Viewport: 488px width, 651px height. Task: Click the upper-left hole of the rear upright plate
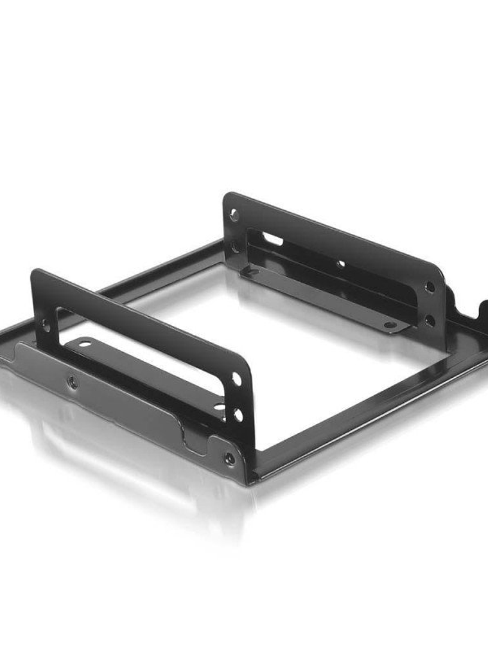[x=234, y=216]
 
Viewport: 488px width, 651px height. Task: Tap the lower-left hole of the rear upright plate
[x=236, y=246]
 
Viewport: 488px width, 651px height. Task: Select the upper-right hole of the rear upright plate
[x=430, y=287]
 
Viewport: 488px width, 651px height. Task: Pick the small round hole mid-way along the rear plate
[x=340, y=263]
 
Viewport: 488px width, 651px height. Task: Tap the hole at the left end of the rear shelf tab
[x=252, y=272]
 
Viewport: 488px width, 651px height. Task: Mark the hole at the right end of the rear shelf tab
[x=390, y=325]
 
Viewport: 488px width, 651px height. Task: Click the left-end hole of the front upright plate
[x=46, y=325]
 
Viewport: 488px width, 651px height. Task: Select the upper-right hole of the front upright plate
[x=236, y=380]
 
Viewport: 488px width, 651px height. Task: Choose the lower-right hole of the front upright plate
[x=238, y=415]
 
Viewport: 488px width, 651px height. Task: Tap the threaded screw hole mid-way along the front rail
[x=72, y=384]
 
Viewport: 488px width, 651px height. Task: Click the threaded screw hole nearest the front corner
[x=229, y=458]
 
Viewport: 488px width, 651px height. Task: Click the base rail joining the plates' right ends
[x=366, y=411]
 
